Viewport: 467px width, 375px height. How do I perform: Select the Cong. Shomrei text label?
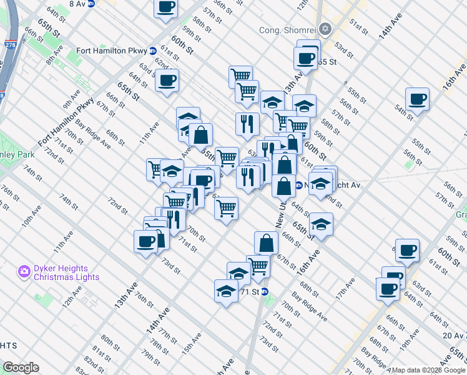tap(287, 30)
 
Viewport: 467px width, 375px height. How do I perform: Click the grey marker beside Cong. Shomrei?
tap(325, 29)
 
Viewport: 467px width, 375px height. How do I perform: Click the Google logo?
tap(21, 367)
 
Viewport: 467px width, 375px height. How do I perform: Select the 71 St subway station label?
tap(250, 292)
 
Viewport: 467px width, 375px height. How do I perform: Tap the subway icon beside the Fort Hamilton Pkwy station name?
tap(153, 51)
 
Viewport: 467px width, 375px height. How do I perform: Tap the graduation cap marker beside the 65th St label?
tap(321, 223)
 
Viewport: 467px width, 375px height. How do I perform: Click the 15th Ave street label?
tap(192, 341)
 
